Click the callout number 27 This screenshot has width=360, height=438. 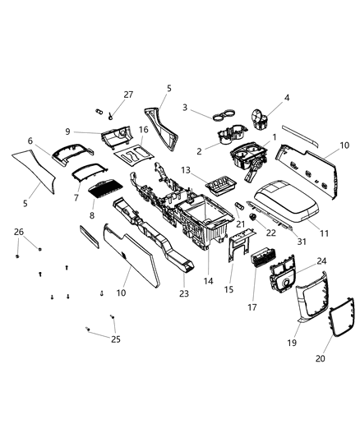127,94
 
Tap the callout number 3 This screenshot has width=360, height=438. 186,108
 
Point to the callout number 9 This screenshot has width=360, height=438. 93,131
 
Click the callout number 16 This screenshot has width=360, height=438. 142,130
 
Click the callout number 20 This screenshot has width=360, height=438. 321,359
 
